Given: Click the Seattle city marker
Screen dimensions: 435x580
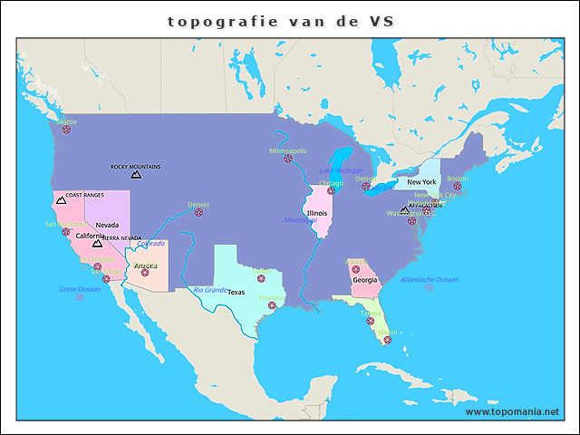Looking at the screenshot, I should pyautogui.click(x=66, y=130).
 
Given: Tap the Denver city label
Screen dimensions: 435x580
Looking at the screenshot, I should pyautogui.click(x=198, y=205).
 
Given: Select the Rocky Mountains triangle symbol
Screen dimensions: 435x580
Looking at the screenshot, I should pyautogui.click(x=136, y=174).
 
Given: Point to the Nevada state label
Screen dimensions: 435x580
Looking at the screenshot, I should pyautogui.click(x=107, y=224).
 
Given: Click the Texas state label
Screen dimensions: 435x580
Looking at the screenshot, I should pyautogui.click(x=236, y=292).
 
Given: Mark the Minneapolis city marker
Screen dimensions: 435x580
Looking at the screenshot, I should pyautogui.click(x=288, y=159).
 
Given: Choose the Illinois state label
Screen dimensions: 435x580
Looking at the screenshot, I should pyautogui.click(x=316, y=213).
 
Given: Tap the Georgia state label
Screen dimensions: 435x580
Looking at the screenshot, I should pyautogui.click(x=365, y=280).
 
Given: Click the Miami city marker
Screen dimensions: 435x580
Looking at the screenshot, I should pyautogui.click(x=387, y=340).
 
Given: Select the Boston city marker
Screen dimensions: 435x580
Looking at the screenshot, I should pyautogui.click(x=457, y=187).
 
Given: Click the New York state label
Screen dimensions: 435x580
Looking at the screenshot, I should pyautogui.click(x=421, y=182).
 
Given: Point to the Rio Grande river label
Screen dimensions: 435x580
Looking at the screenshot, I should pyautogui.click(x=209, y=290).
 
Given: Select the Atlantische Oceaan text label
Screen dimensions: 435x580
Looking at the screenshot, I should pyautogui.click(x=430, y=279).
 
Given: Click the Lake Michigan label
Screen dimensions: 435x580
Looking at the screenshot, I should pyautogui.click(x=341, y=170).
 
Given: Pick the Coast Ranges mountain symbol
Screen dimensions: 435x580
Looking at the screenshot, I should pyautogui.click(x=61, y=200).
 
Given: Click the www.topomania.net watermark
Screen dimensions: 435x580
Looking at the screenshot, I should pyautogui.click(x=512, y=411).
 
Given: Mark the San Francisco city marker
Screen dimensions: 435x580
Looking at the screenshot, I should pyautogui.click(x=65, y=232).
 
